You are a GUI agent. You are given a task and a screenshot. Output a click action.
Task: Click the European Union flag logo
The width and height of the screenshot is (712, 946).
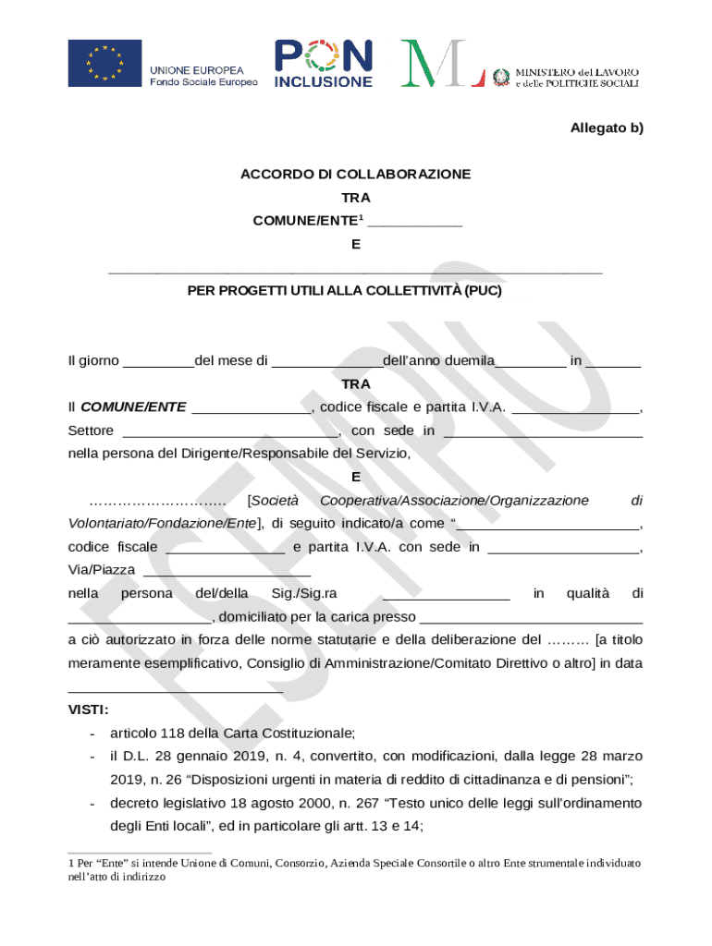pos(104,63)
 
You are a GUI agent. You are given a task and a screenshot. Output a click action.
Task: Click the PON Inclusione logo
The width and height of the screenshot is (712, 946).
pos(324,64)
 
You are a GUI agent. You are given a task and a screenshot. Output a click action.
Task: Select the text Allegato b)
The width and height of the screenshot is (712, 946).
pos(606,128)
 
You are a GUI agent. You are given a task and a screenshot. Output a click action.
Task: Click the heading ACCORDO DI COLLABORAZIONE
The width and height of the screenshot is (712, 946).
pos(355,174)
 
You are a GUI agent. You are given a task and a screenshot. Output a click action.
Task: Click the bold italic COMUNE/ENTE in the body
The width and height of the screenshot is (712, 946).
pos(133,406)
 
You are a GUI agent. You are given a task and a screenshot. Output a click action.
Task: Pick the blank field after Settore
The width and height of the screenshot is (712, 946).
pos(230,431)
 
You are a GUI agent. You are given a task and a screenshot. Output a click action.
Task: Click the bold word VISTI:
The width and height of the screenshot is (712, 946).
pos(89,709)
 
